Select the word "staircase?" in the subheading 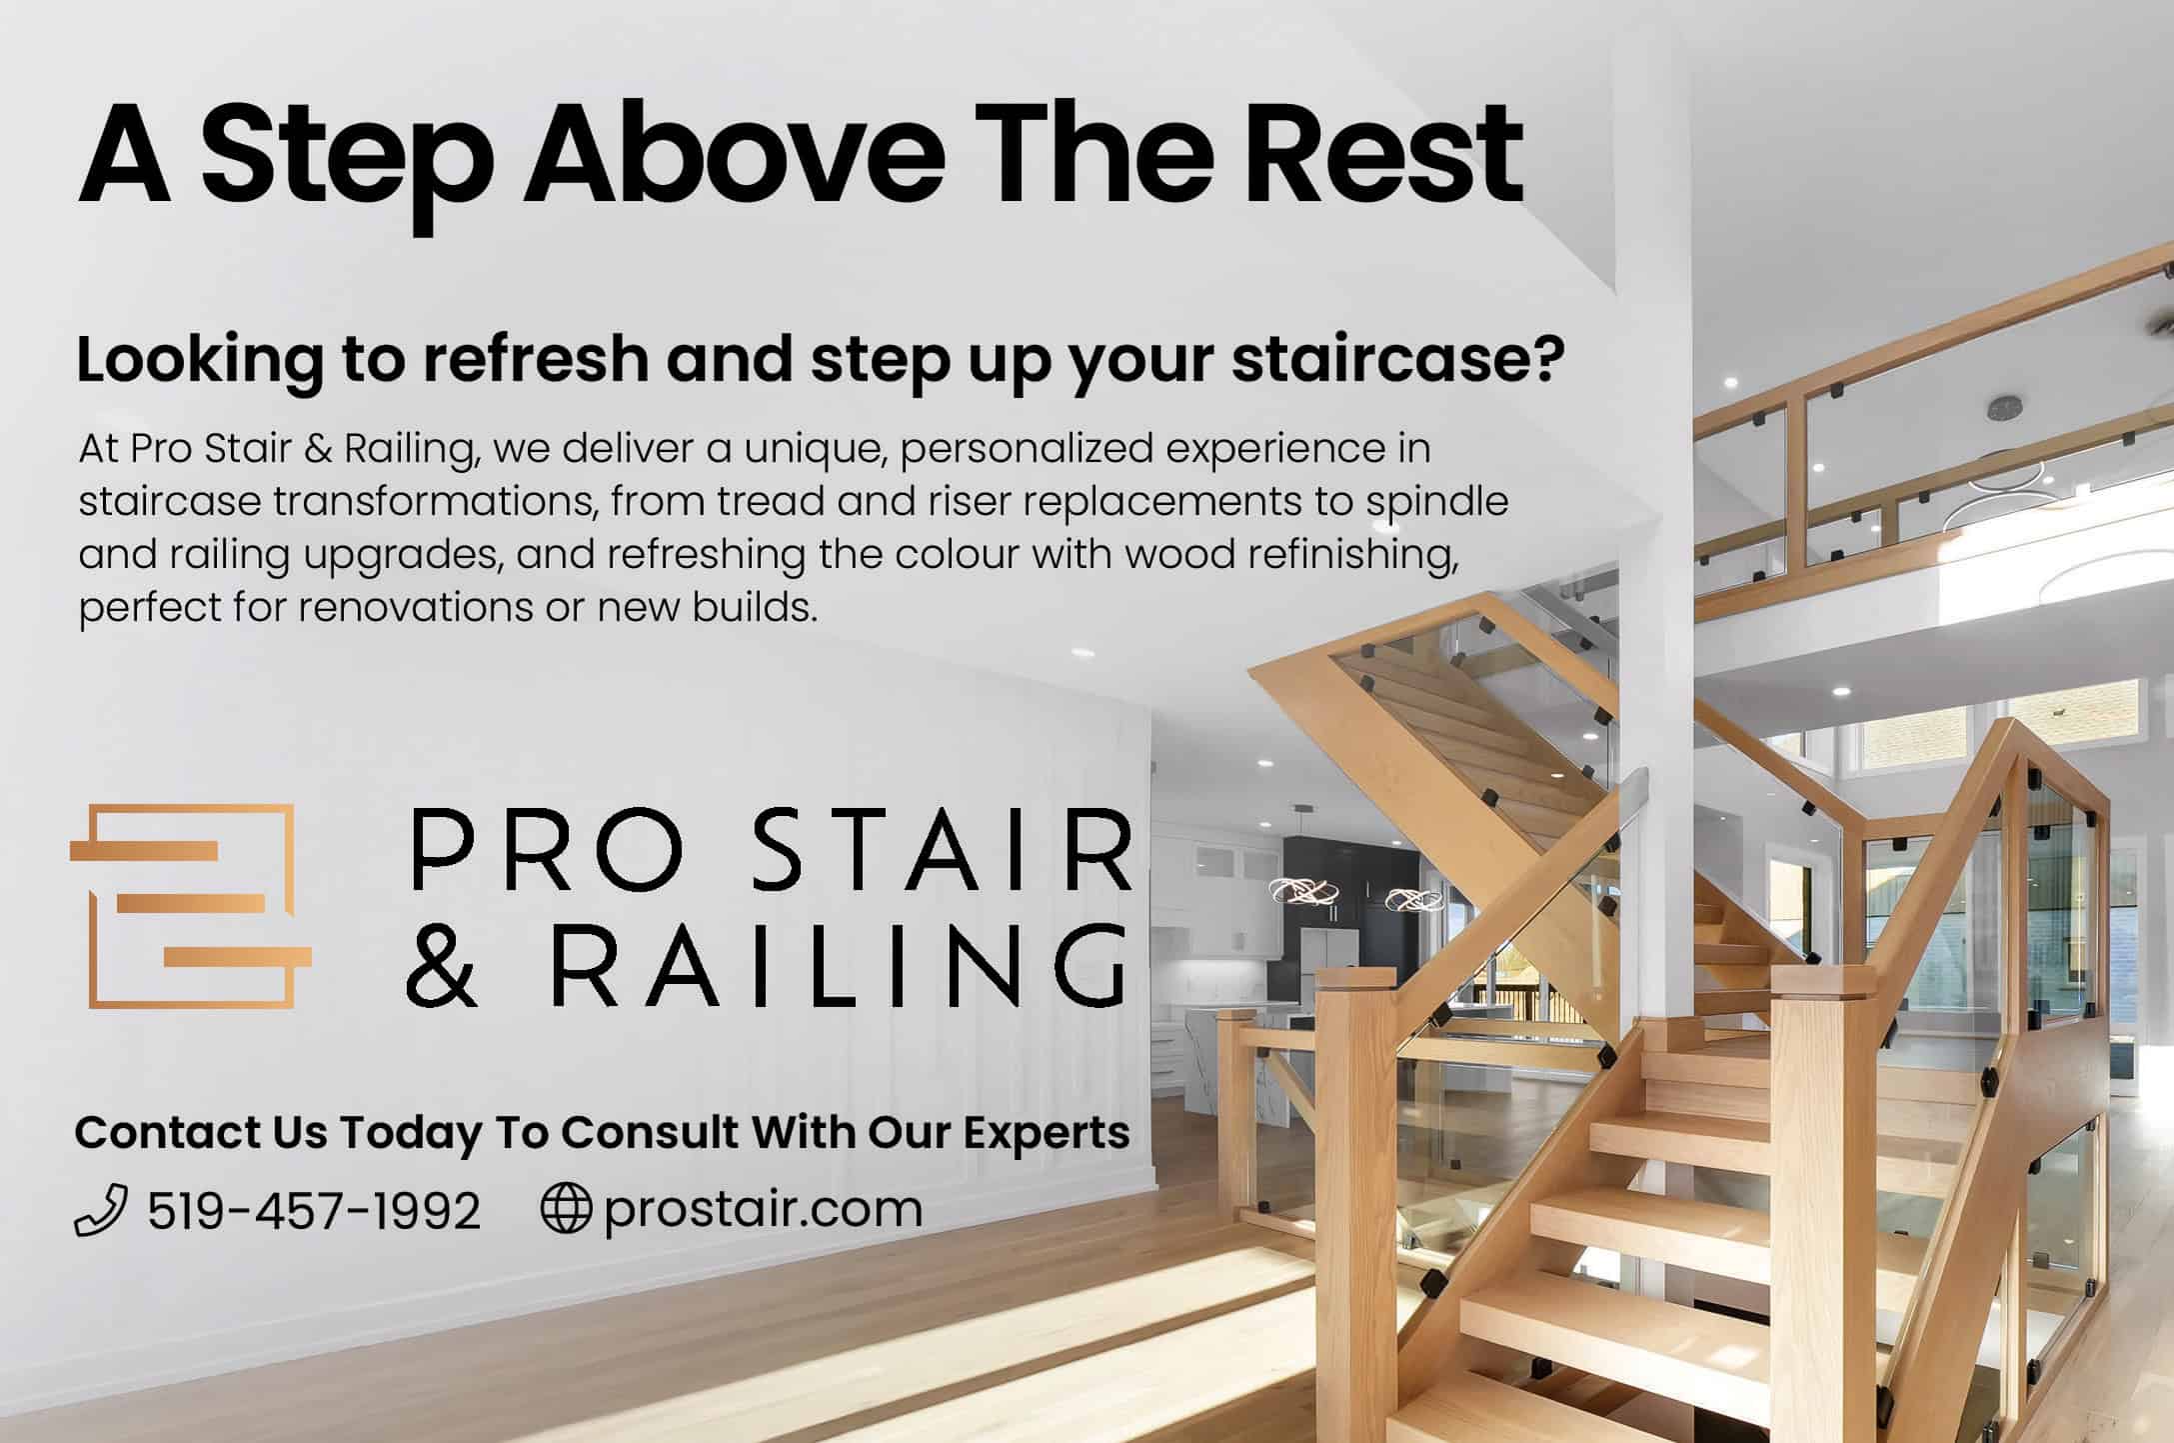[1397, 359]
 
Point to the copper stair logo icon [190, 906]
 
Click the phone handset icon [101, 1210]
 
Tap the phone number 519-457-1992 [314, 1211]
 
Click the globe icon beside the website [566, 1209]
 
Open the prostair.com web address [763, 1211]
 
